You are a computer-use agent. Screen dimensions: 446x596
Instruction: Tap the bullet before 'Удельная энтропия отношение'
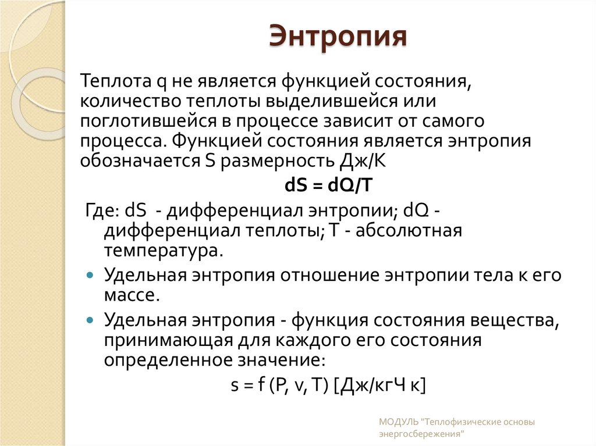click(89, 274)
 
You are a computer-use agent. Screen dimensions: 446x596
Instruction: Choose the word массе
click(132, 294)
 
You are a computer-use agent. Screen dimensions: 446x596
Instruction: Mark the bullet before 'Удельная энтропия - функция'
click(89, 319)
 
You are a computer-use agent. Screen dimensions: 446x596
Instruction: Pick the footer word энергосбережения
click(422, 434)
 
